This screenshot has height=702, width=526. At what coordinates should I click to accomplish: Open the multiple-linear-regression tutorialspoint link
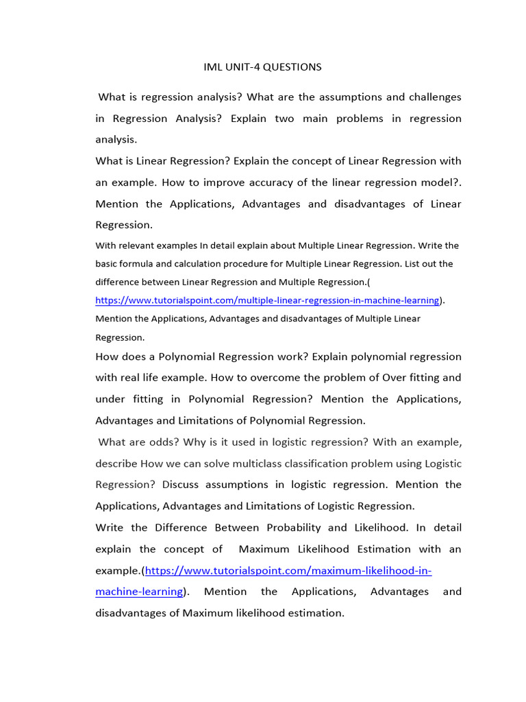pyautogui.click(x=267, y=300)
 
